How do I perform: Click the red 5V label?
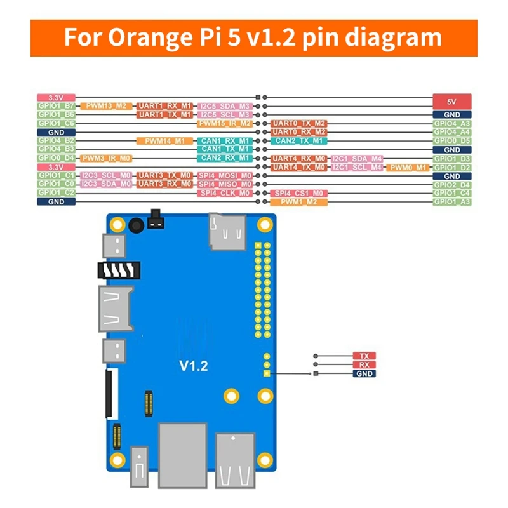(451, 101)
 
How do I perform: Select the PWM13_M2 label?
(107, 105)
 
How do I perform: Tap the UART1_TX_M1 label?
(164, 114)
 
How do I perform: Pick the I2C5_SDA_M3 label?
(225, 105)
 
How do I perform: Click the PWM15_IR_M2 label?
(225, 123)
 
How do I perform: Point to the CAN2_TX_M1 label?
(298, 140)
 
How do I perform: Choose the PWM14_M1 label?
(164, 140)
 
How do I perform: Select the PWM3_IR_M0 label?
(106, 157)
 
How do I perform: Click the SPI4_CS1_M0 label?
(298, 193)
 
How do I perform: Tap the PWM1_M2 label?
(298, 202)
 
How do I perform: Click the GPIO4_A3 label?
(451, 123)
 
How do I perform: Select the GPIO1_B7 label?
(56, 105)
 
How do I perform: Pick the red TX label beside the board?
(364, 357)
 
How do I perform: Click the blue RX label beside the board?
(364, 365)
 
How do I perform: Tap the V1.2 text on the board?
(193, 366)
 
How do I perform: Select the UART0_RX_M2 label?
(298, 131)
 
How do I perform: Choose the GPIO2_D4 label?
(451, 184)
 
